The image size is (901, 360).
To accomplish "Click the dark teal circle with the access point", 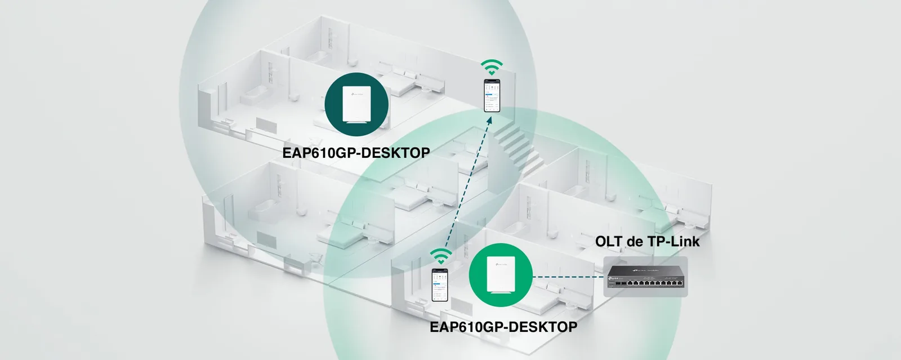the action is pos(356,104).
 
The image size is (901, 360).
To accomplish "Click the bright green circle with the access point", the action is pos(501,275).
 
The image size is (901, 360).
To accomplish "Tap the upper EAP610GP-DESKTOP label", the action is pos(356,153).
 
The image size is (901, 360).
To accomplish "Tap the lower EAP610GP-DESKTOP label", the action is pos(503,327).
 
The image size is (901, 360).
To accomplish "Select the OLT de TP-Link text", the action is pos(647,241).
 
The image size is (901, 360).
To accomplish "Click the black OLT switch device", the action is pos(645,276).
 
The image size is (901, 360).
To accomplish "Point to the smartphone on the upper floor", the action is pos(492,95).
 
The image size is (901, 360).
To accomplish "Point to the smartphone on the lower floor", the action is pos(440,285).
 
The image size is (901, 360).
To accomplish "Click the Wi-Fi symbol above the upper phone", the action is pos(492,67).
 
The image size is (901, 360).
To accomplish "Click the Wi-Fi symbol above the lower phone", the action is pos(441,257).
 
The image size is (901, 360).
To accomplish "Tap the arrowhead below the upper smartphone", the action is pos(489,119).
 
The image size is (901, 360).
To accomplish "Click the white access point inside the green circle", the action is pos(501,275).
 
